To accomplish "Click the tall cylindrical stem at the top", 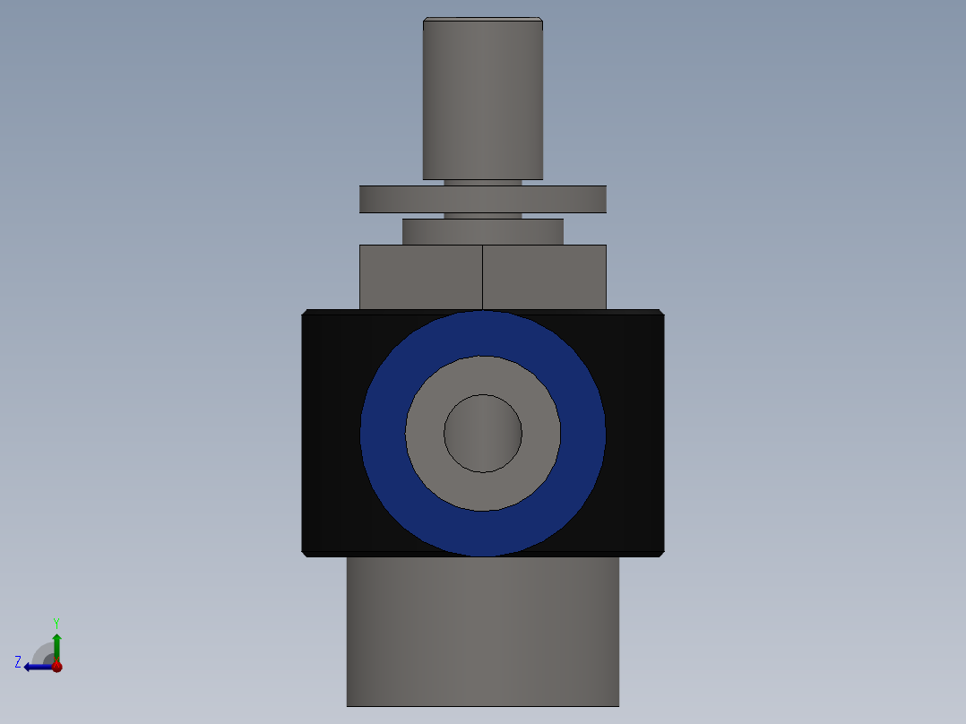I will [x=482, y=99].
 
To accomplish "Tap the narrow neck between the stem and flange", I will [x=482, y=182].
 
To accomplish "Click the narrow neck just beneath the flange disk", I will [x=482, y=216].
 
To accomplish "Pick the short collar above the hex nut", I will [x=482, y=231].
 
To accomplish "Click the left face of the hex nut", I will [x=420, y=277].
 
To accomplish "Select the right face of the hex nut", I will [x=544, y=277].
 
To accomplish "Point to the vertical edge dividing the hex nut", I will [x=482, y=277].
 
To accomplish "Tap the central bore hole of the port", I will [x=482, y=434].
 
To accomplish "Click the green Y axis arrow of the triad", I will [x=56, y=644].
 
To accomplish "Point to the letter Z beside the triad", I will [x=18, y=662].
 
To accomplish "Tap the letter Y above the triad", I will [x=56, y=622].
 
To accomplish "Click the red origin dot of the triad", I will [x=56, y=667].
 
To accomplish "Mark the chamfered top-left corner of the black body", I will [x=306, y=313].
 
